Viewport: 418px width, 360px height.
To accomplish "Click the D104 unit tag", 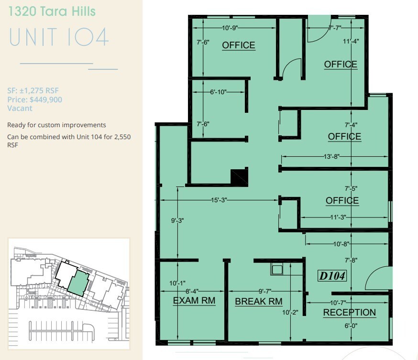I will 332,276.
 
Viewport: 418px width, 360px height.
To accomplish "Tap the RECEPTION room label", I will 349,313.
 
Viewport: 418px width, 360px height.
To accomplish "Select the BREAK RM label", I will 258,302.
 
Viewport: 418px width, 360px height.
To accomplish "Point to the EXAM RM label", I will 194,301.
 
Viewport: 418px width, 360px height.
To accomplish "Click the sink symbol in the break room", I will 277,269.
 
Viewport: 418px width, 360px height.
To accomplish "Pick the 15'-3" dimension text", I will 217,200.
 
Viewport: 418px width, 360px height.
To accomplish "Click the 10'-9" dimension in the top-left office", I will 234,28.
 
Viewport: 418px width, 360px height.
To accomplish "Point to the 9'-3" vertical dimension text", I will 177,221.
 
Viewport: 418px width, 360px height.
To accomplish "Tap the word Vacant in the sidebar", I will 20,109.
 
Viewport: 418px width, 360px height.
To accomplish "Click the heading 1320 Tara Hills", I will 51,12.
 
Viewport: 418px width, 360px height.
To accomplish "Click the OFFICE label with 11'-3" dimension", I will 342,201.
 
